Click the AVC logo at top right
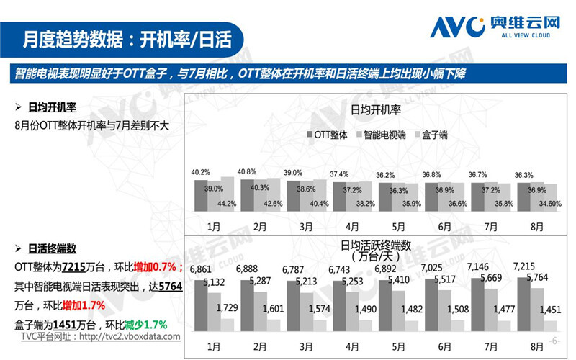click(x=495, y=27)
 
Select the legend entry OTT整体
click(x=330, y=135)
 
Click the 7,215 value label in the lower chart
click(x=523, y=266)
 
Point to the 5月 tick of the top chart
click(x=398, y=225)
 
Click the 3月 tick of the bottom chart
click(x=306, y=344)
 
